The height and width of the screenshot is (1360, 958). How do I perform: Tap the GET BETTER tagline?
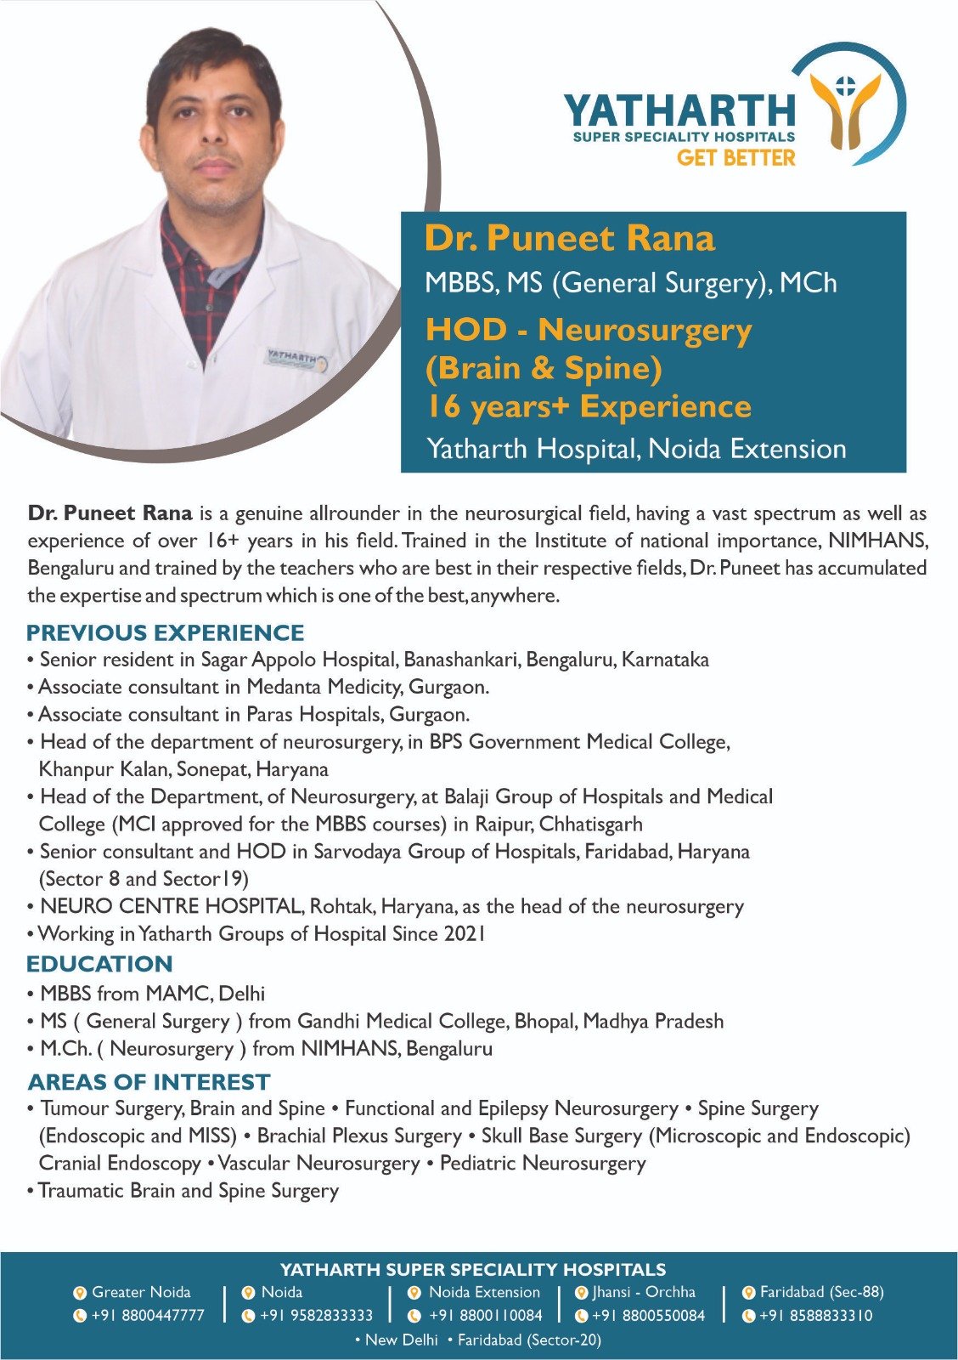pos(735,157)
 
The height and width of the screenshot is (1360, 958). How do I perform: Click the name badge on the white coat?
pos(293,358)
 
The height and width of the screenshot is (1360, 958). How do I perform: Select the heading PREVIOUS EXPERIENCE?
pos(166,633)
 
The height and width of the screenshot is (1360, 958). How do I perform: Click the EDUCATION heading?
pos(99,964)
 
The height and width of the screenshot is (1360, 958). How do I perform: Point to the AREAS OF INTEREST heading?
pos(149,1082)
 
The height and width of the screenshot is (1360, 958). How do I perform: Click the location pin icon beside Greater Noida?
pos(80,1293)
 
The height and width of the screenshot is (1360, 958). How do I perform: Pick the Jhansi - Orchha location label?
pos(644,1292)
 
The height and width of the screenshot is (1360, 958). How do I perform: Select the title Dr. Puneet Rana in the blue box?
pos(569,238)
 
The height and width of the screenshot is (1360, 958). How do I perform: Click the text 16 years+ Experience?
pos(588,406)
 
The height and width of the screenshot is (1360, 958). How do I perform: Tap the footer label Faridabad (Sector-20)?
pos(528,1340)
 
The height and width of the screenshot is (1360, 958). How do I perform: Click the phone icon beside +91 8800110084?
pos(414,1316)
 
